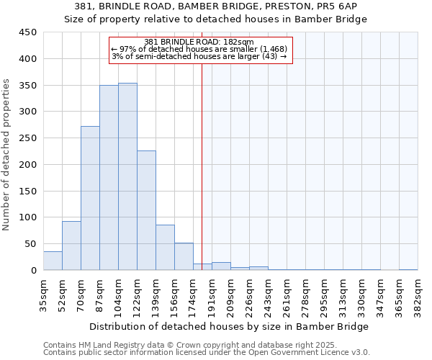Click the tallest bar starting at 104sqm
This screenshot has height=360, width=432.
127,176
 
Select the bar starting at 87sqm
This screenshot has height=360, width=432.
109,178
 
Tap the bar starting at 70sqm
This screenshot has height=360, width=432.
90,198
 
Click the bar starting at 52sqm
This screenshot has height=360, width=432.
71,246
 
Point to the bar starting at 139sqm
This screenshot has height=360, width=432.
165,248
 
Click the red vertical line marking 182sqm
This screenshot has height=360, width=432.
202,166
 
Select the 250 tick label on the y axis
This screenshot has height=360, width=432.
27,138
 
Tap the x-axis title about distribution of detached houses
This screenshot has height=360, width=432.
228,326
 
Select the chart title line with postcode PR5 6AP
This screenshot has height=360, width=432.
216,6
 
